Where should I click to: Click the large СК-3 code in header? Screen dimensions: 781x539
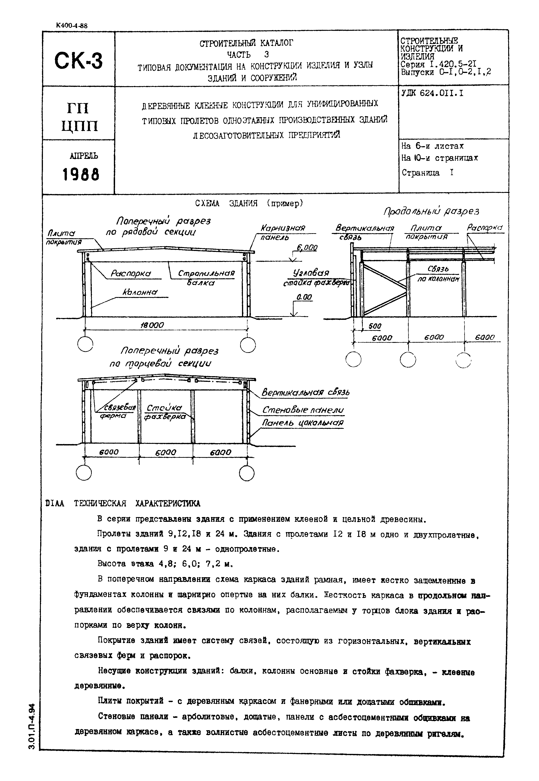coord(78,61)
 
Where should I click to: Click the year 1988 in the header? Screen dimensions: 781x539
coord(81,175)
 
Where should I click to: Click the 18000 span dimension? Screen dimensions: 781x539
coord(152,325)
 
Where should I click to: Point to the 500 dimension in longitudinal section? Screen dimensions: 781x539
coord(375,326)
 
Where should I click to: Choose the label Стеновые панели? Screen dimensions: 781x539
coord(303,410)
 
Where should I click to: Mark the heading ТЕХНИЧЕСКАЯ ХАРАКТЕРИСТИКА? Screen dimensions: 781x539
coord(137,504)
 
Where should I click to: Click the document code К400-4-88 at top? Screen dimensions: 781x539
coord(72,26)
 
